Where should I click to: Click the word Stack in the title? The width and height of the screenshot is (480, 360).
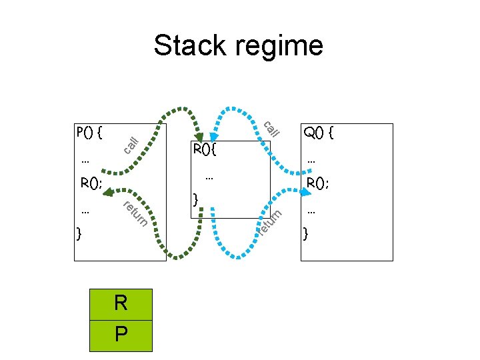point(188,46)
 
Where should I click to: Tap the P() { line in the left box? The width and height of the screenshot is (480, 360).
point(89,131)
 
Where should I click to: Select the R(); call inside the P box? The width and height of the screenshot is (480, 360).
point(91,182)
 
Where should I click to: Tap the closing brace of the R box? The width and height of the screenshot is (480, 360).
point(195,199)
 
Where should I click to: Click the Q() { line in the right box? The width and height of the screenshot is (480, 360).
point(319,133)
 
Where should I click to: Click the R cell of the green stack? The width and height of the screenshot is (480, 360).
point(121,303)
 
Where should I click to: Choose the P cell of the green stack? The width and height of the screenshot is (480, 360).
point(121,334)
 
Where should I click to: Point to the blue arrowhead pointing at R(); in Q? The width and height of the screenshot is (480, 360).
point(305,193)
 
